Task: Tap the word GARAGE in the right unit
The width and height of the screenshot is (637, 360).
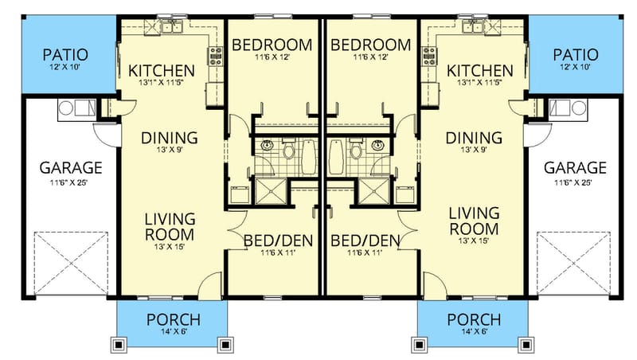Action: tap(575, 168)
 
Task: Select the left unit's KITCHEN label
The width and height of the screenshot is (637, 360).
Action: tap(162, 70)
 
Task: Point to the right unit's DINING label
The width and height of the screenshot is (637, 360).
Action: tap(474, 138)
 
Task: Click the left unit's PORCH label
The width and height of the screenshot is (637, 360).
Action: tap(174, 319)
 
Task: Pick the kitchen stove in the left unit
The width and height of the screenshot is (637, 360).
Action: tap(215, 56)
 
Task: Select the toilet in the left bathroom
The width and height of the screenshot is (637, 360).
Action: tap(288, 148)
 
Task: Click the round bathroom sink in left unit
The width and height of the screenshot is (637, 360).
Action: tap(268, 146)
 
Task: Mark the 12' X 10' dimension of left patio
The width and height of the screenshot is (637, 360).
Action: tap(64, 68)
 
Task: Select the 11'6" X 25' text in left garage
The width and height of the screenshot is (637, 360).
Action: tap(72, 182)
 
